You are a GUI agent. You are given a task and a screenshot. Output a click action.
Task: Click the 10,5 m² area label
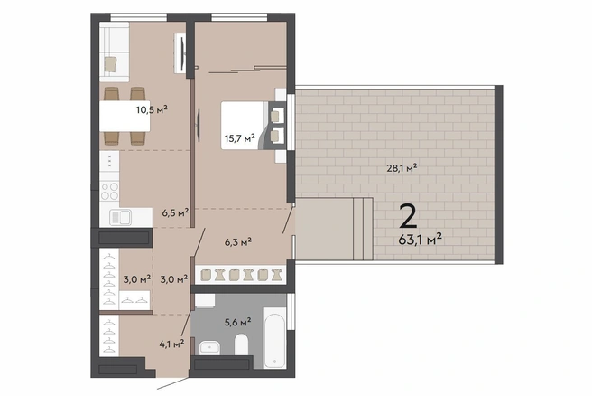coord(152,109)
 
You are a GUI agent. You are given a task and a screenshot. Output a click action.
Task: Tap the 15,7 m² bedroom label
coord(240,138)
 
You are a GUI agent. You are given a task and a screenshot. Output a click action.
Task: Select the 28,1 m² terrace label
coord(402,167)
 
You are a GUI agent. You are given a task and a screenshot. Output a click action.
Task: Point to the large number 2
coord(409,216)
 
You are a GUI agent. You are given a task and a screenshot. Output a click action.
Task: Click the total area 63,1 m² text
coord(421,240)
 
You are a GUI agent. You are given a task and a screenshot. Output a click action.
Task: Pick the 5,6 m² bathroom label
coord(238,322)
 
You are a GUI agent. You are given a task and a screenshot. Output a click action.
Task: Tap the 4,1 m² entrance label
coord(171,344)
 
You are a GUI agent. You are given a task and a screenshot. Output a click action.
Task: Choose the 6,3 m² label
coord(238,242)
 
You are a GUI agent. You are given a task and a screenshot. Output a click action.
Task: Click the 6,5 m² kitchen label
coord(176,213)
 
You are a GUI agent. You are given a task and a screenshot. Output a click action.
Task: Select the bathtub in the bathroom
coord(274,337)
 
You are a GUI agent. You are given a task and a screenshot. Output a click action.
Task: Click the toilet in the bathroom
coord(241,344)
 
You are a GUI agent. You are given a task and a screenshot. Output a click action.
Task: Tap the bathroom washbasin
coord(209,347)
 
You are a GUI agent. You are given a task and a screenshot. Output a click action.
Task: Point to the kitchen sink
coord(120,217)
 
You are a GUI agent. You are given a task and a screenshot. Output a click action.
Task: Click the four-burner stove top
coord(109,191)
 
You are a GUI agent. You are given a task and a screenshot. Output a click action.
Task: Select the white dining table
coord(125,116)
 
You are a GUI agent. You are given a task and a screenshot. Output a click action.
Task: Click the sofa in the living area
coord(114,52)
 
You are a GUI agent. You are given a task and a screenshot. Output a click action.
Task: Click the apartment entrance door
coord(173,382)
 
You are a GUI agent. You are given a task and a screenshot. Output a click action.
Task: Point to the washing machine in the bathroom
coord(205,301)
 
